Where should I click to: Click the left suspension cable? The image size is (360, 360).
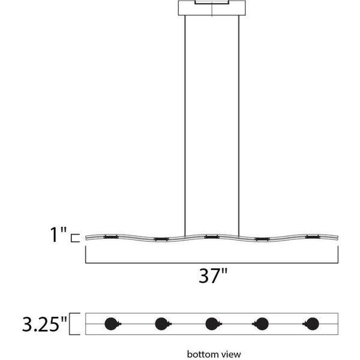[x=185, y=120]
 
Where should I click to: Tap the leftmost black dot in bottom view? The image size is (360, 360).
[x=110, y=324]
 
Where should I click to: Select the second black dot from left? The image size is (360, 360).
[x=161, y=324]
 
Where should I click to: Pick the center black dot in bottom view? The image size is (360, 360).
[x=211, y=324]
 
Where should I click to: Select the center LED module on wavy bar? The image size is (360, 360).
[x=211, y=238]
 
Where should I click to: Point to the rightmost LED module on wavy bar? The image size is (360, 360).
[x=312, y=238]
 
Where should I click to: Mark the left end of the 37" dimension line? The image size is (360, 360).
[x=86, y=254]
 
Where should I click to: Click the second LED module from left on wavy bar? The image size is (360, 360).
[x=161, y=240]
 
